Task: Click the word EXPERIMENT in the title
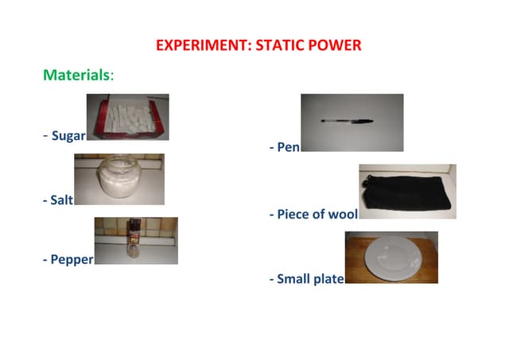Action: tap(200, 45)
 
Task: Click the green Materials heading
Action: tap(77, 75)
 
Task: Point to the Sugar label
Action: tap(68, 136)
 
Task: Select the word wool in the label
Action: tap(343, 215)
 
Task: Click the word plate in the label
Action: tap(328, 279)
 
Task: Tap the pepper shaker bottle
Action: tap(135, 240)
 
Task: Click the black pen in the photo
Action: tap(348, 121)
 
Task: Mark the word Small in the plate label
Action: tap(293, 279)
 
